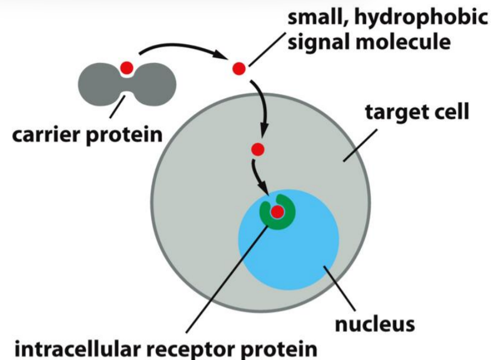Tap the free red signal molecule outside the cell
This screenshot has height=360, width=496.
point(239,69)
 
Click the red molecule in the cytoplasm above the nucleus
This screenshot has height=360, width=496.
point(257,149)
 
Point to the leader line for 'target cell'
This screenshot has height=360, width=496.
point(361,142)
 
